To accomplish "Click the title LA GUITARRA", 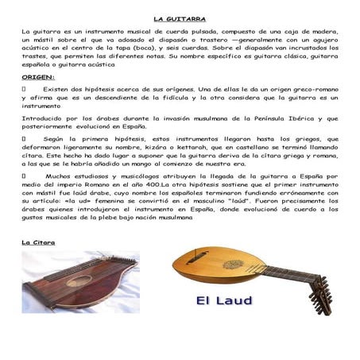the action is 180,17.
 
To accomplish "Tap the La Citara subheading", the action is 38,242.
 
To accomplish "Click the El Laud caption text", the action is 225,300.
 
